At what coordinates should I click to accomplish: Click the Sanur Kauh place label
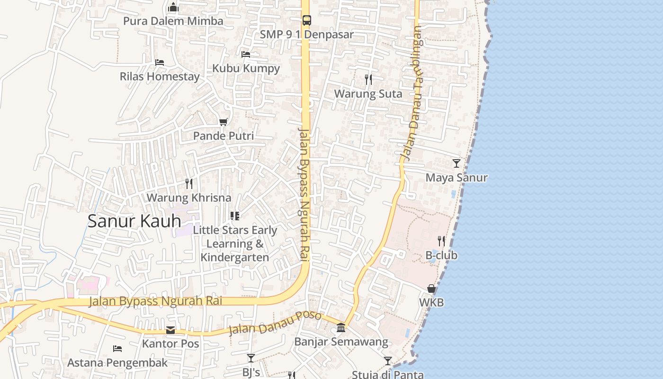[134, 221]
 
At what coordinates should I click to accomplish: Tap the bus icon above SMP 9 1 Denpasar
[307, 20]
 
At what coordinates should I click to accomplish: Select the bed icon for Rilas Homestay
[160, 63]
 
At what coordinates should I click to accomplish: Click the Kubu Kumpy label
[246, 68]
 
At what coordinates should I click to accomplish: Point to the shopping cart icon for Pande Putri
[224, 122]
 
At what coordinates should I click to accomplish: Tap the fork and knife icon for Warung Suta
[368, 79]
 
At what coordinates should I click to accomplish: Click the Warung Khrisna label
[189, 198]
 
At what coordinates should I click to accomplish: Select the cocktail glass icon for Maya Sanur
[456, 163]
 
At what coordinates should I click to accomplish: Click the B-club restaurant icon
[441, 241]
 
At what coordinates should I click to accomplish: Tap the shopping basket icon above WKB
[431, 288]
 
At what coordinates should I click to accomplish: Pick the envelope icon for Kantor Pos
[170, 330]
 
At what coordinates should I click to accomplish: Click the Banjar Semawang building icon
[341, 327]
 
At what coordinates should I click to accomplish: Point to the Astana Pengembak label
[117, 363]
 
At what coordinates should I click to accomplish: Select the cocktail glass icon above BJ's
[251, 358]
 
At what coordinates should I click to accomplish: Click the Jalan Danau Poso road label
[275, 323]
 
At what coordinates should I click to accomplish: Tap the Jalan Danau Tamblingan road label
[411, 92]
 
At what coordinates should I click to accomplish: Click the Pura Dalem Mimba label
[173, 21]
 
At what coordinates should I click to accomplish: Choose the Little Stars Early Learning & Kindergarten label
[235, 244]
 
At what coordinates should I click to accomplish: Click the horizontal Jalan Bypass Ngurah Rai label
[155, 301]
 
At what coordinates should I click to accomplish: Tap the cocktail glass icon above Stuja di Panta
[388, 361]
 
